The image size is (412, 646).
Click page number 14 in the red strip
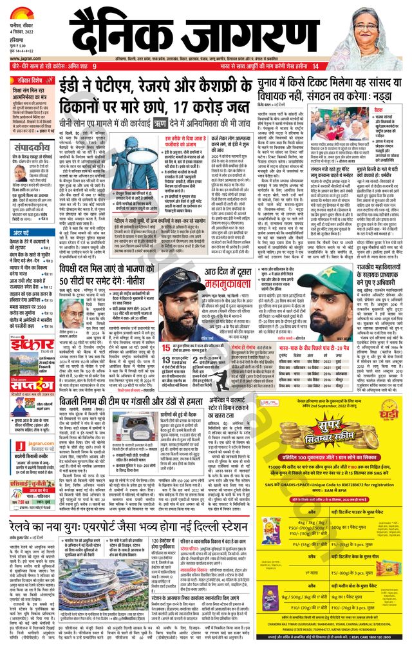coord(315,66)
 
